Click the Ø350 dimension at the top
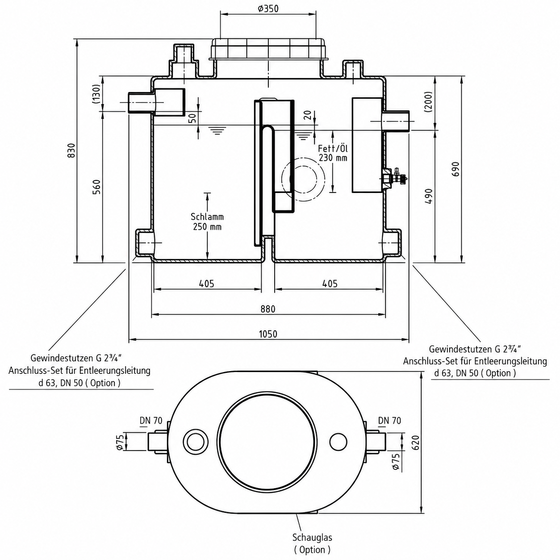tap(267, 9)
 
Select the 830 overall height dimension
tap(71, 150)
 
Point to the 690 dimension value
tap(456, 169)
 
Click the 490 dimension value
tap(429, 196)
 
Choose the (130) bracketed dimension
tap(96, 94)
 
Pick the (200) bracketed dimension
tap(429, 102)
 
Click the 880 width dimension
tap(267, 309)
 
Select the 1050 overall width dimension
tap(268, 334)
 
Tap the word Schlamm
tap(207, 217)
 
